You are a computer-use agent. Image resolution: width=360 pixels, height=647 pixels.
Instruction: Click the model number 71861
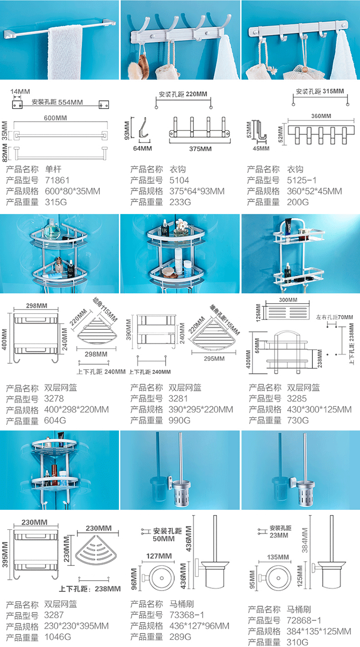coord(58,180)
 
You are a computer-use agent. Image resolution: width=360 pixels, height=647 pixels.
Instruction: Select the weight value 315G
coord(55,202)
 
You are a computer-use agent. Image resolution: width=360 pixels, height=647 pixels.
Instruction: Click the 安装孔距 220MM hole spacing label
coord(183,95)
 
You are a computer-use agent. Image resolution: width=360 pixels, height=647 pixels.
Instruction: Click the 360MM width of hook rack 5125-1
coord(321,116)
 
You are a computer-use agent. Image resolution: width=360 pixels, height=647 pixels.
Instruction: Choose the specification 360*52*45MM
coord(314,192)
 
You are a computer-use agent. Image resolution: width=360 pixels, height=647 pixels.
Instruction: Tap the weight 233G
coord(180,202)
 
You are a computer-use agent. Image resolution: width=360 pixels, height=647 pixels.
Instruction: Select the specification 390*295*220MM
coord(201,410)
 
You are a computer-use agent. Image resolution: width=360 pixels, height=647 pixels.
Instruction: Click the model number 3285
coord(297,399)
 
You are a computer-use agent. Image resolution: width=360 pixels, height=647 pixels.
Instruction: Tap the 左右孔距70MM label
coord(334,317)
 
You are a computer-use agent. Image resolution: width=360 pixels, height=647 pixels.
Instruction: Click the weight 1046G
coord(58,637)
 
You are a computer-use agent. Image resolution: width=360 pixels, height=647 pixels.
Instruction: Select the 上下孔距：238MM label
coord(90,589)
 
